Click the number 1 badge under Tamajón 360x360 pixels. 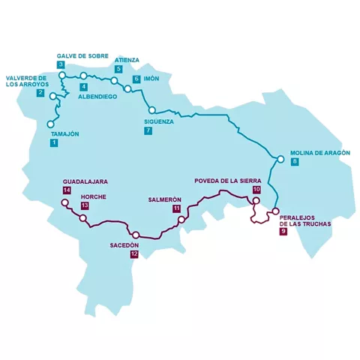54,142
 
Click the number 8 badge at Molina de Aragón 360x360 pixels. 295,162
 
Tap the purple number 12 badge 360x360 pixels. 133,254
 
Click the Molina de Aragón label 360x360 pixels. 316,152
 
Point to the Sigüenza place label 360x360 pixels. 159,121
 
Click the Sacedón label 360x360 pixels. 124,244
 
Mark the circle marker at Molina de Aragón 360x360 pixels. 280,159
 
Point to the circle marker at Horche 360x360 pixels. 83,218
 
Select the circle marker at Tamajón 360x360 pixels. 50,124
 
